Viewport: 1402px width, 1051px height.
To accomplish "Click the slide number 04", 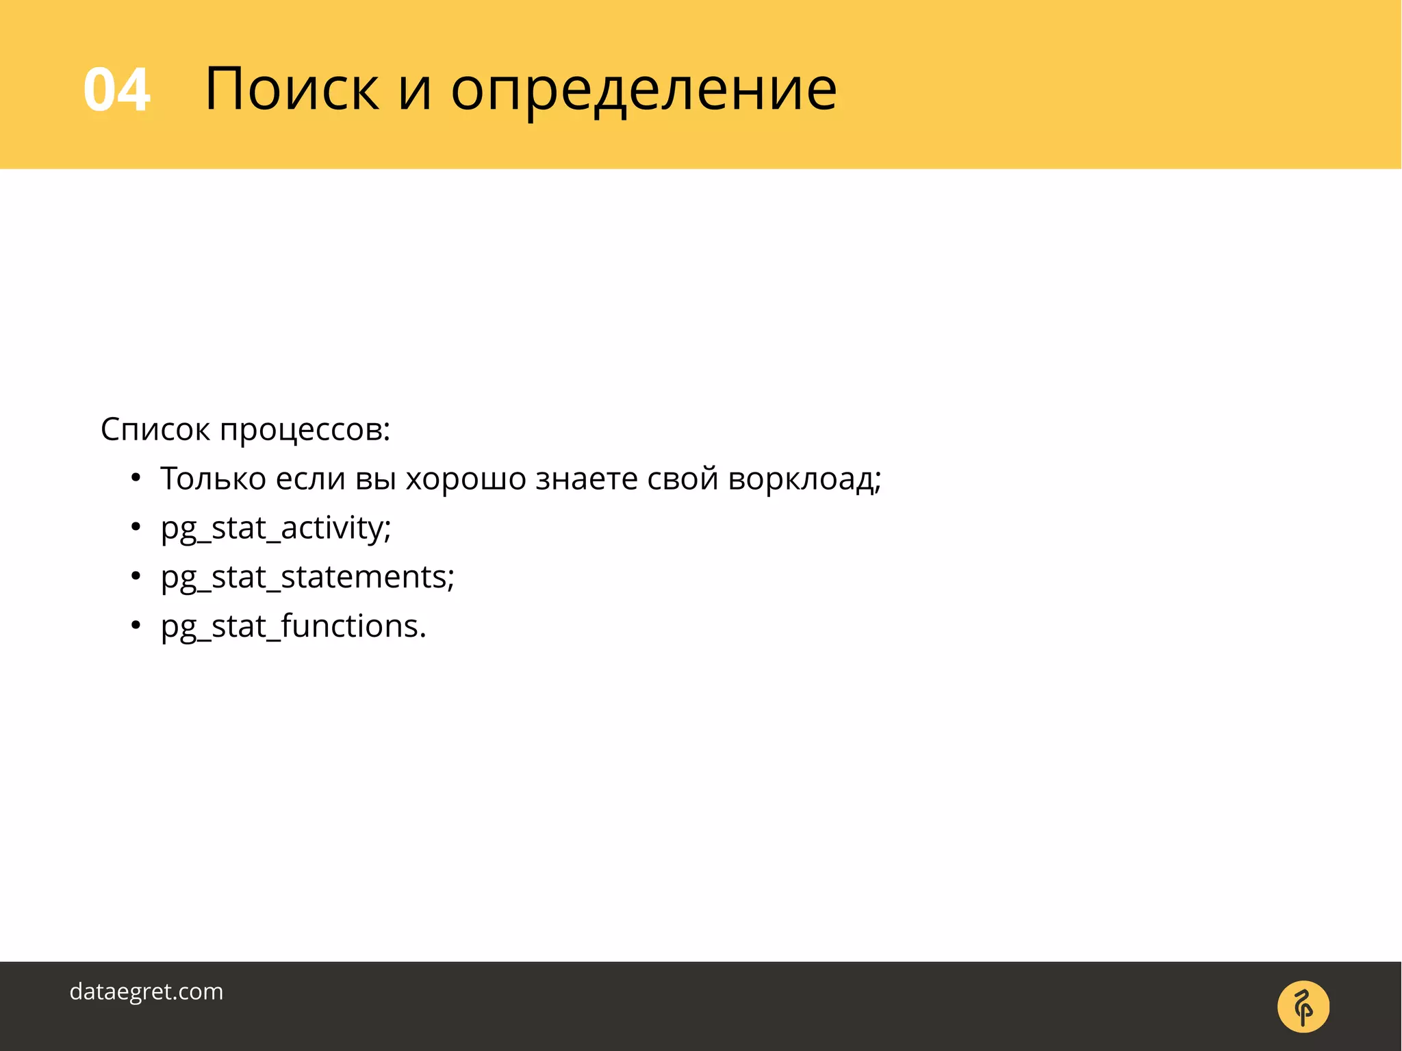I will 116,90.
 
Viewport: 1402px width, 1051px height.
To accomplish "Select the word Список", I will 155,430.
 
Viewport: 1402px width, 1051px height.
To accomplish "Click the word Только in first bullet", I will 213,479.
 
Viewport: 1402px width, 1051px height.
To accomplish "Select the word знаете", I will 587,479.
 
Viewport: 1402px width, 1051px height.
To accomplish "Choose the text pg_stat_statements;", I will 307,577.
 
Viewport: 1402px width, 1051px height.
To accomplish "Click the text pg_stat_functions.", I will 293,626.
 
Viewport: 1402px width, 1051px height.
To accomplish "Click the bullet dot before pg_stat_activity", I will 136,527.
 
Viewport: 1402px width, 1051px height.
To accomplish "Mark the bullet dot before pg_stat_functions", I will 136,625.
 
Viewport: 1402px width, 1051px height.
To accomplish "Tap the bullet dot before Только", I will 136,478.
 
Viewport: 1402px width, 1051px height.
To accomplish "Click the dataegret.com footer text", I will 146,991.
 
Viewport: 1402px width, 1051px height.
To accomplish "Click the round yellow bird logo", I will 1303,1006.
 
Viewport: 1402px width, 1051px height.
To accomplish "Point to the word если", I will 310,479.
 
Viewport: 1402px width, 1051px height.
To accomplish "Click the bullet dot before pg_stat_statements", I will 136,577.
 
